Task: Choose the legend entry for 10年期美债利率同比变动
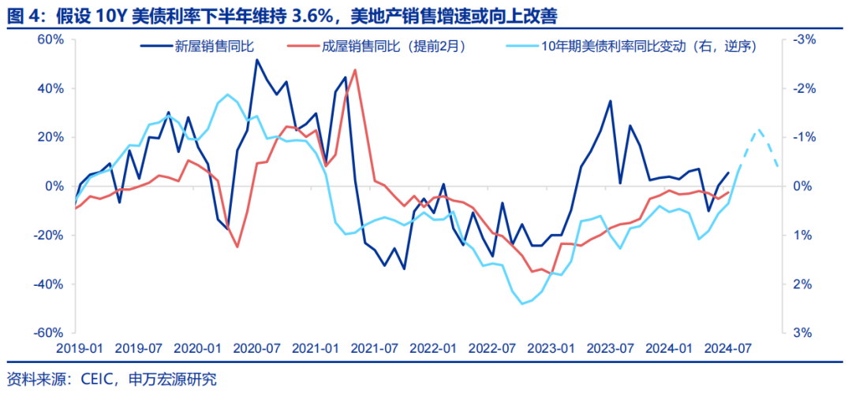[648, 46]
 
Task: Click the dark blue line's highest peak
[257, 60]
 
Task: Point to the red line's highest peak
[355, 70]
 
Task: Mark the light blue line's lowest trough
[522, 304]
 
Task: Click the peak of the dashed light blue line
[759, 129]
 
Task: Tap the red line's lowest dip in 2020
[237, 247]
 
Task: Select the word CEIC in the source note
[100, 379]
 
